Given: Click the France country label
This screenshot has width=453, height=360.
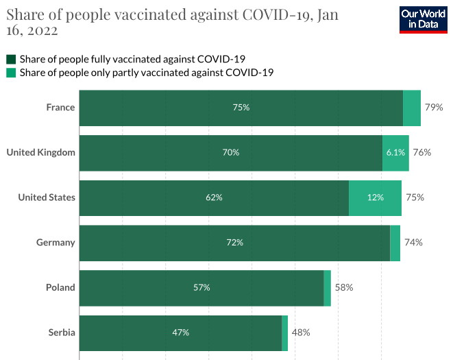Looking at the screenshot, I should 60,108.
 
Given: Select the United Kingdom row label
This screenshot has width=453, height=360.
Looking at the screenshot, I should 41,152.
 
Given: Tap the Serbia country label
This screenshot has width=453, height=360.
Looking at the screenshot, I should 62,333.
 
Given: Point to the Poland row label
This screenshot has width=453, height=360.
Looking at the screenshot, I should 61,287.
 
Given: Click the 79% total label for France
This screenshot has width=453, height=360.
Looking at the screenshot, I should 434,108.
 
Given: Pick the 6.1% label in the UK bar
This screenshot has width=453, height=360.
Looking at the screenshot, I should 396,152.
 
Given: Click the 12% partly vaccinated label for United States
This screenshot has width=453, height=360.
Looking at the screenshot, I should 375,197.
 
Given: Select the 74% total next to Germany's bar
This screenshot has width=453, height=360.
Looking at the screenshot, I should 413,242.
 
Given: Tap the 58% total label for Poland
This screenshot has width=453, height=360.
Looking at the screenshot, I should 344,287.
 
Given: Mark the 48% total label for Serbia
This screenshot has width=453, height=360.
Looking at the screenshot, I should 301,333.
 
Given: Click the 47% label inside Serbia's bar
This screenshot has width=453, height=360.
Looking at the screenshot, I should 181,333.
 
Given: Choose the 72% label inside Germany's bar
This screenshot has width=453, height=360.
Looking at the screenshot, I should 235,242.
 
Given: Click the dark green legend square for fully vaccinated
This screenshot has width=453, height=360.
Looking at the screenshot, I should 11,59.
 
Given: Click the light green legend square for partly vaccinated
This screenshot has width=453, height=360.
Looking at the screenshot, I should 11,73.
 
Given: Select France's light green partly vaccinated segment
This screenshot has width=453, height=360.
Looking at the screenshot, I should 412,108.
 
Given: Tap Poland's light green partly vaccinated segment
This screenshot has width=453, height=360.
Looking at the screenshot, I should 327,287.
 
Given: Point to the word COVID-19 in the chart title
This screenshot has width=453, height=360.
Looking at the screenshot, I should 278,14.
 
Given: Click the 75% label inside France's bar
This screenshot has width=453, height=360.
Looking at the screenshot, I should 241,108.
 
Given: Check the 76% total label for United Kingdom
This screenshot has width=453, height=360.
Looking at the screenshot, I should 421,152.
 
